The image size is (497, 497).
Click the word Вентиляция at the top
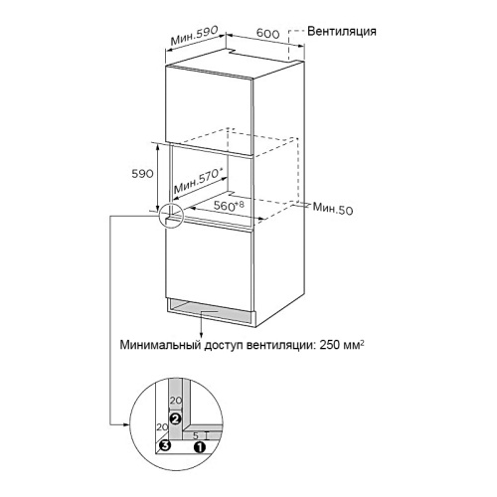[342, 32]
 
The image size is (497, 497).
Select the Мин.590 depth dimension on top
[194, 35]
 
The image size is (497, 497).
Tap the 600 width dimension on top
[268, 33]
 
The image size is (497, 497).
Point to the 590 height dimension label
[142, 174]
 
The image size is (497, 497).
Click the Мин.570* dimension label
[198, 181]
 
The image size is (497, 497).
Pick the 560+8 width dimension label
[229, 206]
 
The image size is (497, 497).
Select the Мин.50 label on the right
[333, 209]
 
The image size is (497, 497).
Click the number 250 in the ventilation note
[330, 345]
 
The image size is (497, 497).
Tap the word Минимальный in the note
[160, 345]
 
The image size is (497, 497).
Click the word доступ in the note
[224, 346]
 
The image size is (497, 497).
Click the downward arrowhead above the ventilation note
[201, 335]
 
